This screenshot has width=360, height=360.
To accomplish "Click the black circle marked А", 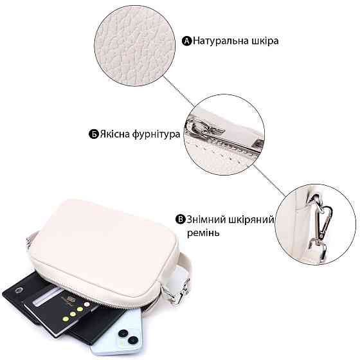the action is pos(186,41).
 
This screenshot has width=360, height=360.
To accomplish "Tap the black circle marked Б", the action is pos(94,134).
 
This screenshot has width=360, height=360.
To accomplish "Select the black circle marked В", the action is pos(180,219).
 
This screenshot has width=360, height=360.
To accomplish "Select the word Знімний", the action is pos(206,219).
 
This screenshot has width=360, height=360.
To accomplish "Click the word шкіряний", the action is pos(251,220).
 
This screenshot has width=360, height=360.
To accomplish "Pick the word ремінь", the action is pos(203,233).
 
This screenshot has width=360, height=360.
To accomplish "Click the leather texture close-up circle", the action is pos(135,46).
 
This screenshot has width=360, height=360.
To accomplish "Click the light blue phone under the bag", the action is pos(117,333).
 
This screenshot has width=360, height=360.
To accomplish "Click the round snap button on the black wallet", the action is pos(18,291).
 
